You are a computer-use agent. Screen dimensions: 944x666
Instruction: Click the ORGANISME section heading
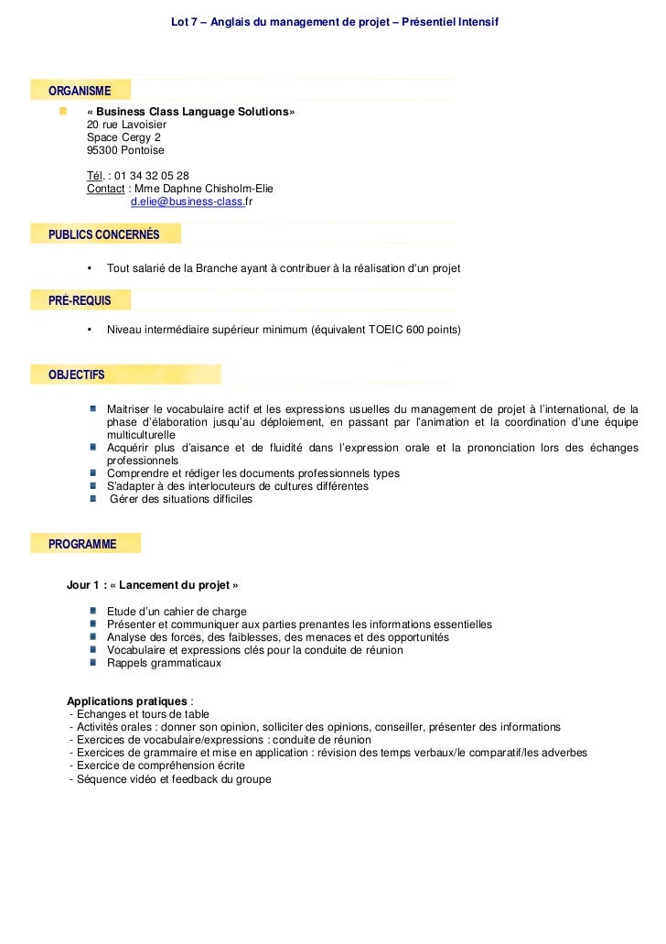80,91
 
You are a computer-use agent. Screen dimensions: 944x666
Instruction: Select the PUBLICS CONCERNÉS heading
103,234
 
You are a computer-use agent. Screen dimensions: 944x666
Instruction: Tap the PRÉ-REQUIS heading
80,300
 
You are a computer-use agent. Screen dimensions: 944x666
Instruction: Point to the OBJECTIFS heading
76,374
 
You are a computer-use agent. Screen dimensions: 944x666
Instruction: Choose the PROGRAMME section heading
82,544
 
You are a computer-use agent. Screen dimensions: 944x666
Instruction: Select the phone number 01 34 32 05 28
152,176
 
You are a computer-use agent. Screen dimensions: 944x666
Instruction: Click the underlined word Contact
105,189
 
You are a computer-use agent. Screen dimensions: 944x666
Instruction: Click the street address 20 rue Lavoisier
126,125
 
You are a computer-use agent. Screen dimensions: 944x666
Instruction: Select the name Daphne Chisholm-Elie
217,189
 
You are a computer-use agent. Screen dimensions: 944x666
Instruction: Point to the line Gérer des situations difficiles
181,500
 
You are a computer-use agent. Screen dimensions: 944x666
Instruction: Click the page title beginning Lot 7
335,21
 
